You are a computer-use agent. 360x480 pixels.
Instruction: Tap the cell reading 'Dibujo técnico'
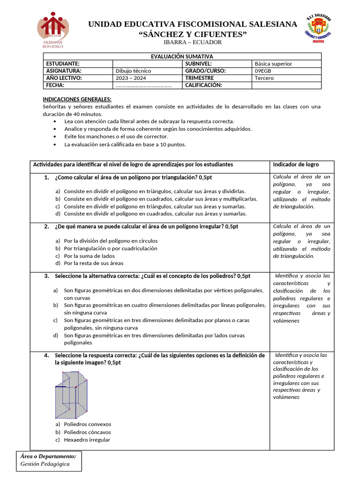[133, 71]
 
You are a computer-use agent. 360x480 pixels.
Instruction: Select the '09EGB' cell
[263, 71]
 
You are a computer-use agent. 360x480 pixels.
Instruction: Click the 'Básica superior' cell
[273, 64]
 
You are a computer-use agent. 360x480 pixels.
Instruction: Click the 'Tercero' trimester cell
[264, 78]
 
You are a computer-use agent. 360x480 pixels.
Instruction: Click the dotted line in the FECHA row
[143, 85]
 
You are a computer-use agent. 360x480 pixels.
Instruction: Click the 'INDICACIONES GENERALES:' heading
[77, 99]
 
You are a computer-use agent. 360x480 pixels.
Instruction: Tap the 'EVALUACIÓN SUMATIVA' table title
[182, 56]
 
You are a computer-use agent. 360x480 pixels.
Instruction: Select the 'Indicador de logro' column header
[296, 165]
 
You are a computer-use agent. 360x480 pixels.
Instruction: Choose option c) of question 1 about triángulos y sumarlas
[155, 206]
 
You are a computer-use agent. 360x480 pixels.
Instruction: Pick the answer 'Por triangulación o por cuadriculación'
[111, 248]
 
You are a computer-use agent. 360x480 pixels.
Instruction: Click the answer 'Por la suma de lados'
[89, 256]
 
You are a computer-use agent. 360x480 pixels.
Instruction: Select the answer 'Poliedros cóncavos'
[87, 432]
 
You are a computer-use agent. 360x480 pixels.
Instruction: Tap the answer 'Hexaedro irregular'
[87, 440]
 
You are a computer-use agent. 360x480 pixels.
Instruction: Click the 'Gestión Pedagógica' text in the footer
[45, 464]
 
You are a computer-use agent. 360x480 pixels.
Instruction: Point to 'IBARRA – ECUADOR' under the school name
[192, 43]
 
